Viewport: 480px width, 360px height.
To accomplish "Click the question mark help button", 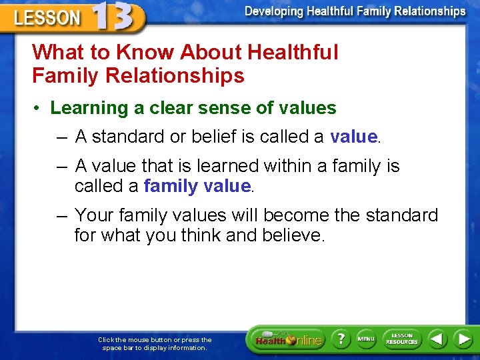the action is click(341, 339).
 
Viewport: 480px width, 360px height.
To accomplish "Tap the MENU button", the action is click(366, 339).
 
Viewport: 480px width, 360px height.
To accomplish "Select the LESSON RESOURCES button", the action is click(402, 339).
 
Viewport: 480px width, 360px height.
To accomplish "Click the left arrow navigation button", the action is click(437, 339).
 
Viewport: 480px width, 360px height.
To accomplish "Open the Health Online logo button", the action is click(289, 339).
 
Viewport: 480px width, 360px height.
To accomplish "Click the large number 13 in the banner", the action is click(113, 15).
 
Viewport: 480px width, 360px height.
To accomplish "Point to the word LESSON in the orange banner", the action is click(47, 18).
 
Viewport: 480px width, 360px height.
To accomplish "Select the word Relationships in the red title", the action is click(175, 75).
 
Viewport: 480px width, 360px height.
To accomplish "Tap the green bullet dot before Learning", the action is click(37, 108).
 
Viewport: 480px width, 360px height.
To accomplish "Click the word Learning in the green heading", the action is click(89, 109).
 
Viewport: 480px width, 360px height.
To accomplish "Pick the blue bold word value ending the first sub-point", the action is click(353, 137).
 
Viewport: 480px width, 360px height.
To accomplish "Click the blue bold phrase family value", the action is click(197, 186).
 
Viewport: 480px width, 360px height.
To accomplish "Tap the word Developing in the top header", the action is click(274, 11).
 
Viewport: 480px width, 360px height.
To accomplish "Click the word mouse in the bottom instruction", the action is click(139, 340).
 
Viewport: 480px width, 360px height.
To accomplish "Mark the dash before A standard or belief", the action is click(62, 138).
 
